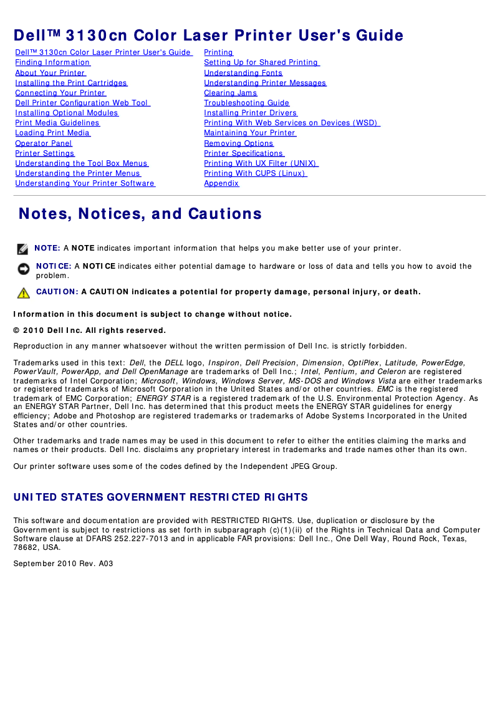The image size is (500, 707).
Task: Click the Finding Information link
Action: pyautogui.click(x=52, y=62)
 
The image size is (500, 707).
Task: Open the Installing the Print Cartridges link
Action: pyautogui.click(x=71, y=83)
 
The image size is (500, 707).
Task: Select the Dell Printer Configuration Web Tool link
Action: pyautogui.click(x=82, y=103)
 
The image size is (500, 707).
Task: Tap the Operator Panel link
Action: pyautogui.click(x=44, y=143)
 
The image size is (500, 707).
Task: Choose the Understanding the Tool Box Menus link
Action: pyautogui.click(x=81, y=163)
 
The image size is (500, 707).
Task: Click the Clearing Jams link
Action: pyautogui.click(x=230, y=93)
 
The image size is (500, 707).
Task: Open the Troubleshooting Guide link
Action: pyautogui.click(x=246, y=103)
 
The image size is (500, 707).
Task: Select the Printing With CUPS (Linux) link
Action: pyautogui.click(x=254, y=173)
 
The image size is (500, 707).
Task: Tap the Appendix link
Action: pyautogui.click(x=221, y=183)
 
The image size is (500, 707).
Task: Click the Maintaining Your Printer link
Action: pyautogui.click(x=249, y=133)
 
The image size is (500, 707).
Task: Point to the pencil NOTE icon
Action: pyautogui.click(x=22, y=249)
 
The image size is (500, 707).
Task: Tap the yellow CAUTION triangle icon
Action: pyautogui.click(x=24, y=292)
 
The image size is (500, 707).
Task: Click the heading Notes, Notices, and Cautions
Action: pyautogui.click(x=140, y=214)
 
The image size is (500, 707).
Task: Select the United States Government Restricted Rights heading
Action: pyautogui.click(x=161, y=498)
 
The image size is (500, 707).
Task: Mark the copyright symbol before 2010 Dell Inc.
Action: pyautogui.click(x=17, y=330)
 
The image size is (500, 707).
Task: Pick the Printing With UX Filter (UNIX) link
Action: pyautogui.click(x=261, y=163)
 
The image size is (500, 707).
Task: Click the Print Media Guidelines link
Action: pyautogui.click(x=57, y=123)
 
